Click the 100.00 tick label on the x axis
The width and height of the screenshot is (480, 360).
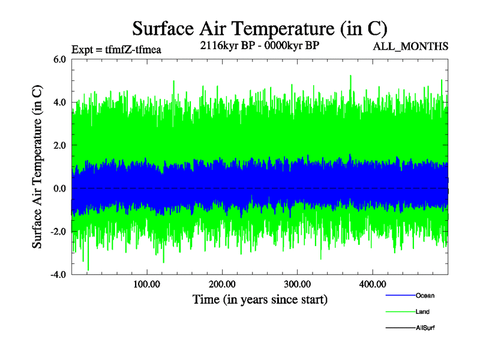click(146, 284)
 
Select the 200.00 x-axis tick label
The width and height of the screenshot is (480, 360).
click(221, 284)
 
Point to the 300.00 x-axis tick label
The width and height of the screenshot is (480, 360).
click(297, 284)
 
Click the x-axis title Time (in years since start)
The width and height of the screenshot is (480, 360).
click(260, 299)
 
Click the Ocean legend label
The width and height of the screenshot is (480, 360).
click(425, 295)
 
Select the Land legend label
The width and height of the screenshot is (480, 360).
click(422, 311)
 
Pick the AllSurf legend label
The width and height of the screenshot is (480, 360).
click(425, 328)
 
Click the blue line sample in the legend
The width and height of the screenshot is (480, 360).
click(399, 295)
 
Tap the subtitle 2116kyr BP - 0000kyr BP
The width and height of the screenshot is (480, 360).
click(259, 45)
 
